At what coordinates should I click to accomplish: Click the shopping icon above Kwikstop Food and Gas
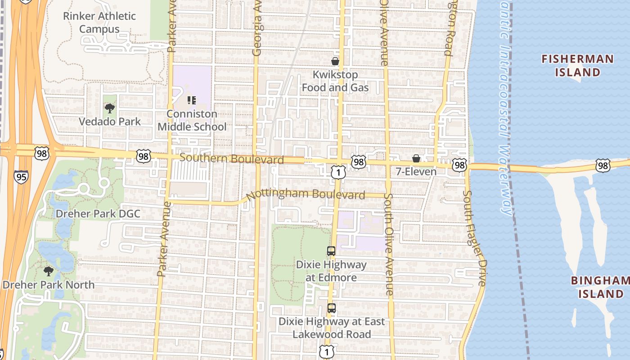pos(335,61)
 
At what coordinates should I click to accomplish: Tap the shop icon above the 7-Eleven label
pos(416,158)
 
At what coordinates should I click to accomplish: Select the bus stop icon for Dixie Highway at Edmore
pos(331,251)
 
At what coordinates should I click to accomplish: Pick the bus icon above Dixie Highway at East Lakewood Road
pos(332,308)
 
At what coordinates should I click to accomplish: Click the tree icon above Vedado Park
pos(109,108)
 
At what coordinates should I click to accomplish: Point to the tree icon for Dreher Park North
pos(48,271)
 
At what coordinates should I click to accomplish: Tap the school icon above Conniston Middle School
pos(192,100)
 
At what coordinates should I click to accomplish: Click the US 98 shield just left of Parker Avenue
pos(143,156)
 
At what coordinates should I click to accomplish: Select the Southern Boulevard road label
pos(231,159)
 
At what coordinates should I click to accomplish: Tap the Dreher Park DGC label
pos(98,214)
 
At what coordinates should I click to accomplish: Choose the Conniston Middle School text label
pos(192,120)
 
